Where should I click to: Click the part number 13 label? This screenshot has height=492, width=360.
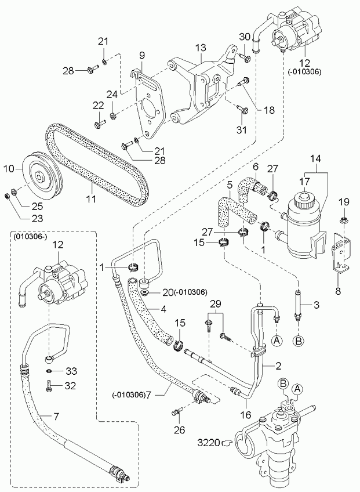(201, 47)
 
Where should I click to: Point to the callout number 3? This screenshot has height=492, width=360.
(317, 305)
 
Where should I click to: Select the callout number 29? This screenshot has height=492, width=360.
(216, 305)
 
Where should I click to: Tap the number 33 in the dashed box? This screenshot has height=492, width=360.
(71, 371)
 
